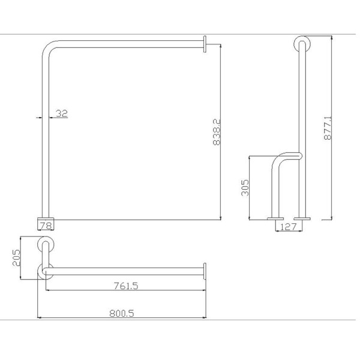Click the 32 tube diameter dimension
(x=62, y=113)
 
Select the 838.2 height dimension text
(x=217, y=132)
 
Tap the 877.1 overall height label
(x=328, y=128)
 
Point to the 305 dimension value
(x=245, y=188)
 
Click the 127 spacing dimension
(x=289, y=227)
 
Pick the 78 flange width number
(x=46, y=226)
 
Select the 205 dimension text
(x=16, y=257)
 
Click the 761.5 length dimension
(x=126, y=286)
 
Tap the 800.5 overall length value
(x=121, y=313)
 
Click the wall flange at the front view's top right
(x=205, y=44)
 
